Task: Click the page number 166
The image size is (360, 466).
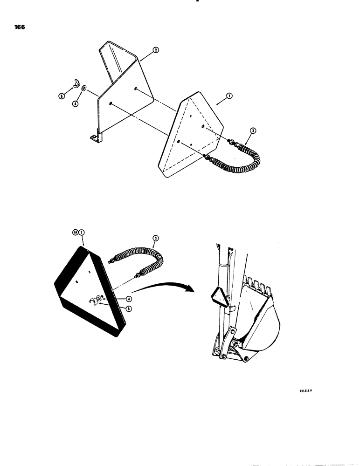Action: coord(19,27)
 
